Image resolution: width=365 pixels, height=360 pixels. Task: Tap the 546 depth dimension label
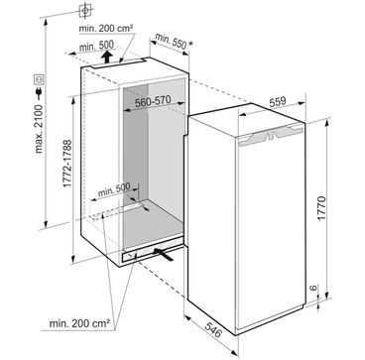(x=214, y=329)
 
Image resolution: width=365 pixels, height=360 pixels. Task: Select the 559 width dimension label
(x=277, y=102)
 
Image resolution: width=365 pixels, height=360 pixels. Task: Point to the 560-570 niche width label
(x=153, y=101)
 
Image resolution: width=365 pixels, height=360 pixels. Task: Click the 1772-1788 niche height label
(x=67, y=164)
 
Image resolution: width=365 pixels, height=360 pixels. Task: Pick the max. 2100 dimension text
(x=39, y=129)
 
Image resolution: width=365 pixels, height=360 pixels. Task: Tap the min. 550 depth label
(x=171, y=42)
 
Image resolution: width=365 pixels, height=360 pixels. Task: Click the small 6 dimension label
(x=313, y=288)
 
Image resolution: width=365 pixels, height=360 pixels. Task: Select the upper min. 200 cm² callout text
(x=106, y=29)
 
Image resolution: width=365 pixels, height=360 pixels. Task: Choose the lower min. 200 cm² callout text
(x=79, y=323)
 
